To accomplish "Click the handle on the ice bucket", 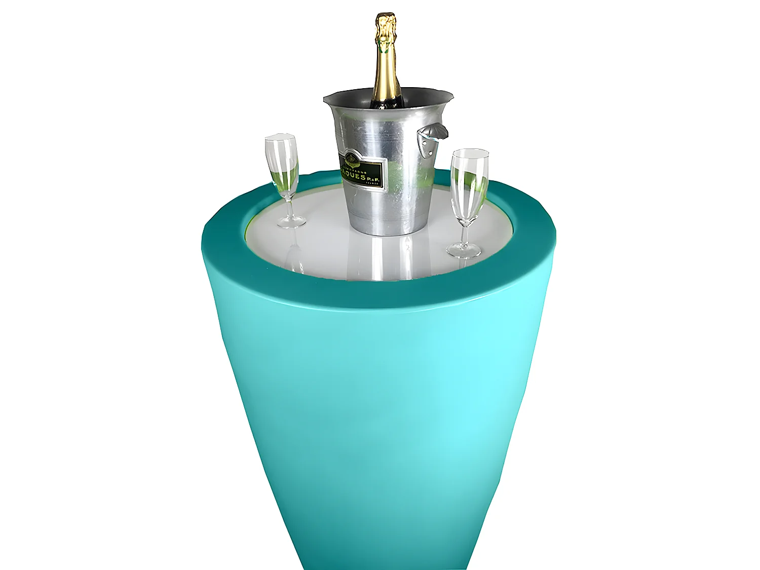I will [x=435, y=133].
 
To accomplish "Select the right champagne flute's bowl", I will [x=469, y=182].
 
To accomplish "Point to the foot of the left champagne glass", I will [x=292, y=221].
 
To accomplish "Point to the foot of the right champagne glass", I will [x=464, y=250].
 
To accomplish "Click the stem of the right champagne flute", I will [x=465, y=231].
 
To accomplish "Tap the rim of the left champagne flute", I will [x=280, y=138].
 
